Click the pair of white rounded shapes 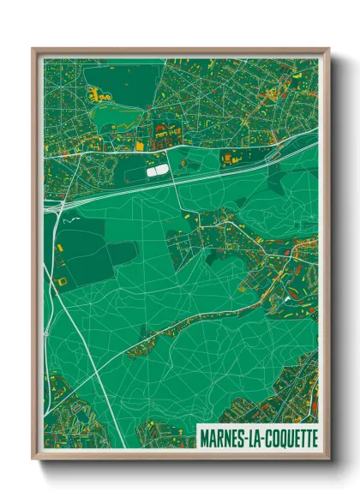[x=157, y=171]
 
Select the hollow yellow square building [x=61, y=280]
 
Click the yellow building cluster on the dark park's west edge [x=94, y=87]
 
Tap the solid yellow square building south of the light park [x=139, y=147]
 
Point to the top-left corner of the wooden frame [x=33, y=49]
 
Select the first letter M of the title [x=203, y=436]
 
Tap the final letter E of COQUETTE [x=313, y=436]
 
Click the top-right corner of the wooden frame [x=328, y=49]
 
